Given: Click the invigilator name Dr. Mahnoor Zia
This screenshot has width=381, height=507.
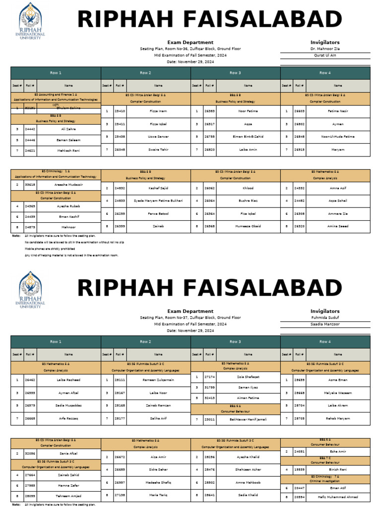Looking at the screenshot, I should (x=325, y=50).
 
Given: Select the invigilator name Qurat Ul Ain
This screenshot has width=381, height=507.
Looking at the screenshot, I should (x=325, y=55).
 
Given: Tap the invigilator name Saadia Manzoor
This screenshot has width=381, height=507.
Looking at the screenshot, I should (x=325, y=324).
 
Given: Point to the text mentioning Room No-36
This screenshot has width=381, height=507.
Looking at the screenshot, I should (x=190, y=50).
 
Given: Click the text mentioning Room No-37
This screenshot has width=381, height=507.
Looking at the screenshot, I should (x=190, y=317).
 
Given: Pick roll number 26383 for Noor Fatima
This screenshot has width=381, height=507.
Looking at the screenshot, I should (x=210, y=111).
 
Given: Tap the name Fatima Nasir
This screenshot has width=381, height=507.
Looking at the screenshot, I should (x=338, y=111).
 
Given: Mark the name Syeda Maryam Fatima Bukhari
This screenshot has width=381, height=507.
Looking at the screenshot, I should (x=158, y=201).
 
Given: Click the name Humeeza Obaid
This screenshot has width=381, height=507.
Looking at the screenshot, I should (x=248, y=226).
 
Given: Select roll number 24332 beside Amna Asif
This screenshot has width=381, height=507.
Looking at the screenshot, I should (x=300, y=188).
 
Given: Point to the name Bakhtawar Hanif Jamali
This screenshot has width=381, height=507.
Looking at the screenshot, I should (x=248, y=419).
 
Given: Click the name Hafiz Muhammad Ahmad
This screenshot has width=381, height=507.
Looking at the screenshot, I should (x=338, y=498).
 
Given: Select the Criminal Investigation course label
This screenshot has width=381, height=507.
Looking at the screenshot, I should (x=325, y=481).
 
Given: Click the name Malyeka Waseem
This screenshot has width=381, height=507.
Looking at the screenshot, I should (x=338, y=393).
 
